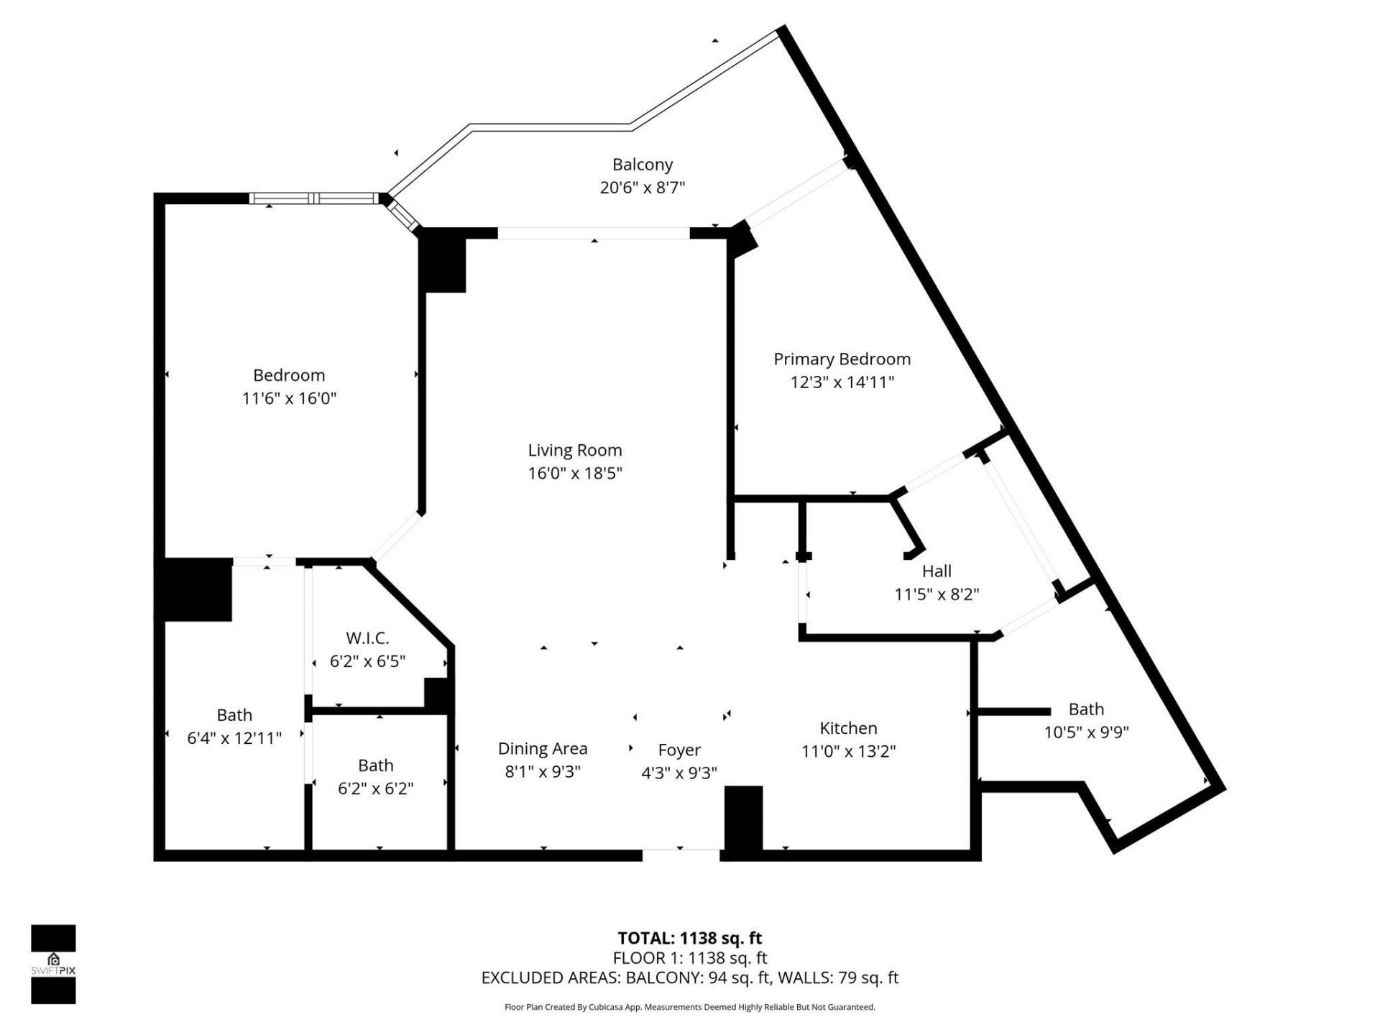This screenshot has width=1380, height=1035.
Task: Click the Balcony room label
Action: [x=643, y=165]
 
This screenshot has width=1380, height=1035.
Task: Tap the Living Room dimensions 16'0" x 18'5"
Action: [x=574, y=473]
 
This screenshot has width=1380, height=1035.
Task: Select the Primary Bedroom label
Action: [x=842, y=359]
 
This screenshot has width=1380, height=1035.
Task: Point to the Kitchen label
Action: [x=848, y=728]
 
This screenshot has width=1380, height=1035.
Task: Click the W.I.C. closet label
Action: [x=367, y=638]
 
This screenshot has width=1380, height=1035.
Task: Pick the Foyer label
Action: [x=679, y=750]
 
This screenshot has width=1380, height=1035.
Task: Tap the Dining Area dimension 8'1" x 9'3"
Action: [x=543, y=772]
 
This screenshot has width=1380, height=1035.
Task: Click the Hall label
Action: [x=937, y=571]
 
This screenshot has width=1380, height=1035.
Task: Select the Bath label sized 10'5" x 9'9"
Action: [x=1085, y=709]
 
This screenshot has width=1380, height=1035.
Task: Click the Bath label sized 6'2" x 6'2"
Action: [x=375, y=765]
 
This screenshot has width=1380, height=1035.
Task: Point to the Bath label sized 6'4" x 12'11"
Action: [x=234, y=715]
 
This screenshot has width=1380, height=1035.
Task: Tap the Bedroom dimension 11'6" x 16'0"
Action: [x=289, y=398]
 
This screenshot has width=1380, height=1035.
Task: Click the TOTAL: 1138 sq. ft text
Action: [x=689, y=938]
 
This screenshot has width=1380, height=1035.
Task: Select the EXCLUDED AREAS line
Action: [x=689, y=977]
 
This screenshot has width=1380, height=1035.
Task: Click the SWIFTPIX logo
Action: [x=53, y=964]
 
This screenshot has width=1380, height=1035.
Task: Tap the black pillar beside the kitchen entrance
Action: [x=742, y=818]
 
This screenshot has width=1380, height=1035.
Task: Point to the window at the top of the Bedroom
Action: [x=314, y=198]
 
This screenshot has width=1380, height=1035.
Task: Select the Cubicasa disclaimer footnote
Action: [x=689, y=1007]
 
